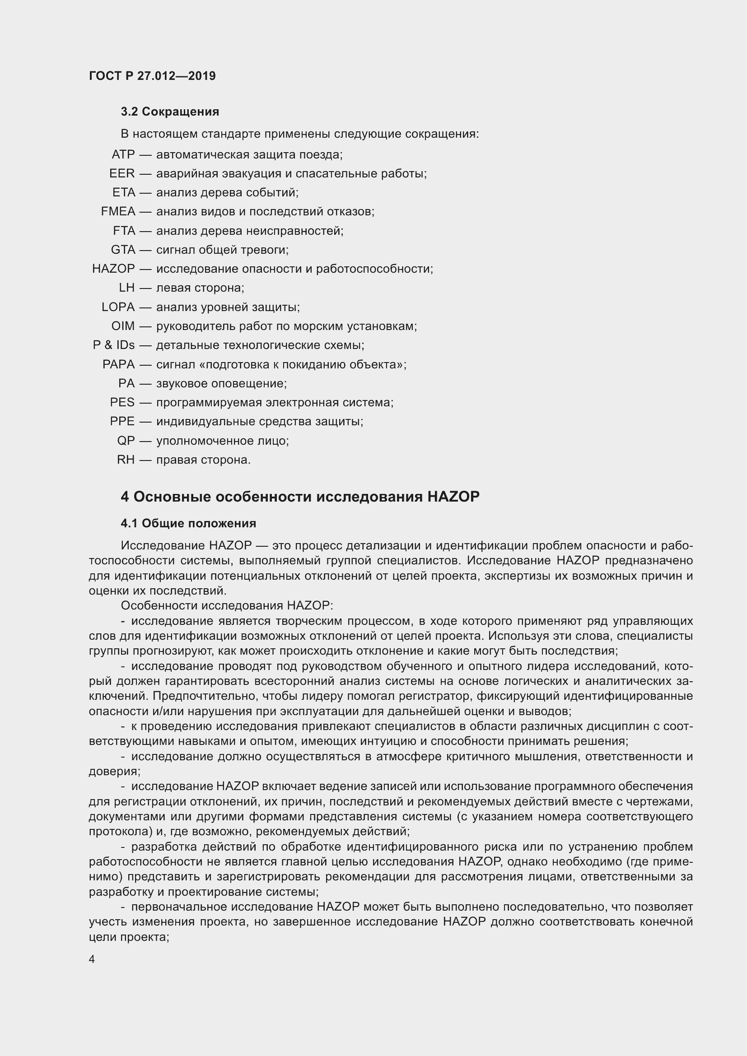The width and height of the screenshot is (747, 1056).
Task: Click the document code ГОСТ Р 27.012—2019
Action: click(152, 76)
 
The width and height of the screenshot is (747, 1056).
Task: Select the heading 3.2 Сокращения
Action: click(170, 112)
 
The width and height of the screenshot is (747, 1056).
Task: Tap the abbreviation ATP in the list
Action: click(123, 154)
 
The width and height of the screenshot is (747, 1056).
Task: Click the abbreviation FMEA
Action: click(118, 212)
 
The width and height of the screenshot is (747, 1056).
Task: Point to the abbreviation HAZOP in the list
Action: click(114, 269)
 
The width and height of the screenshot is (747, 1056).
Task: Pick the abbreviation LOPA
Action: click(118, 307)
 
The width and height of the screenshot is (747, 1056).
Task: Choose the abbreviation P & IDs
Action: click(114, 345)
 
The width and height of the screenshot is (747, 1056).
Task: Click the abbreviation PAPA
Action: click(119, 364)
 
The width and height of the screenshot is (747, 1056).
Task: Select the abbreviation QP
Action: click(126, 441)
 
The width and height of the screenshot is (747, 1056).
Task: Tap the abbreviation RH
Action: click(126, 460)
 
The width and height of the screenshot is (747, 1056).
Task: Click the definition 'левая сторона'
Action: click(200, 288)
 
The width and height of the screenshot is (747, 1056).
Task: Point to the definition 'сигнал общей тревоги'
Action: click(222, 250)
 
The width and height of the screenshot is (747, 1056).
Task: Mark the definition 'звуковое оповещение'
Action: click(221, 383)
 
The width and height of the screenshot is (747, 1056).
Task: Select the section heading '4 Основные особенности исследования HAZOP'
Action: click(300, 497)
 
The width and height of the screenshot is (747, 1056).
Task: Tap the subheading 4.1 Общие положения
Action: click(189, 523)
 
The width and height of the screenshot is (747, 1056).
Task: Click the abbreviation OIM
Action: click(123, 326)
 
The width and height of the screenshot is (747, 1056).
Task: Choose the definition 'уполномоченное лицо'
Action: click(222, 441)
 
